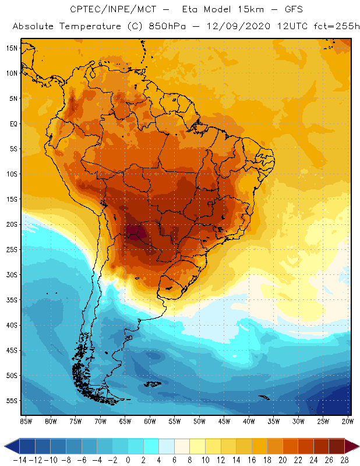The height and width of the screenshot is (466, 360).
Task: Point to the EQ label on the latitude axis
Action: (x=12, y=123)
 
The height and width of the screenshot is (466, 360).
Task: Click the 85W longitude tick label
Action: (x=26, y=421)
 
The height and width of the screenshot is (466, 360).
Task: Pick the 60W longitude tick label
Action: (x=150, y=421)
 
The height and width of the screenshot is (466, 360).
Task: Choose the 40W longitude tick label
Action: (x=249, y=421)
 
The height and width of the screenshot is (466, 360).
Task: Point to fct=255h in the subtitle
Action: (x=334, y=27)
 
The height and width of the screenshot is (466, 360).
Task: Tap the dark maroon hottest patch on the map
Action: (x=133, y=232)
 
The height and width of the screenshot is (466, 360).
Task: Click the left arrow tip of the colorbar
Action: (x=5, y=446)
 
